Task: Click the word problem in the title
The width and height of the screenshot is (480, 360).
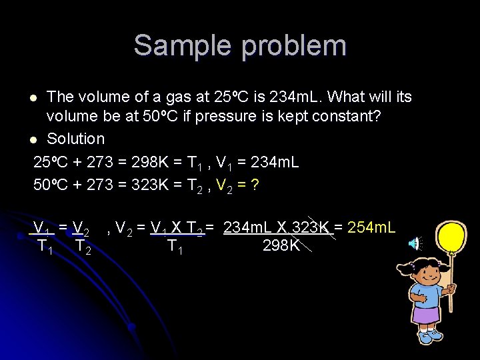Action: [294, 47]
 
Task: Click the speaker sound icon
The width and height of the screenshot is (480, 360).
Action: [415, 244]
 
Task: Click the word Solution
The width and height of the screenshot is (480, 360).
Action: [75, 139]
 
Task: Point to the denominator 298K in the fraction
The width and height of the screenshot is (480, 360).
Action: [281, 246]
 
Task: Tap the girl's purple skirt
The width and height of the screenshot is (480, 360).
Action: [427, 314]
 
